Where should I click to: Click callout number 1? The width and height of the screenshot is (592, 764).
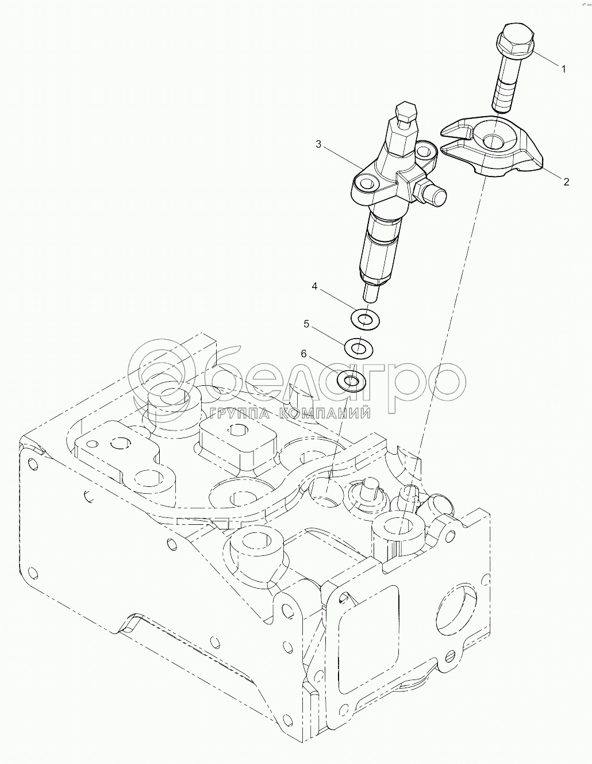[563, 69]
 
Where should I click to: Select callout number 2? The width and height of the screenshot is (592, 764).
[566, 182]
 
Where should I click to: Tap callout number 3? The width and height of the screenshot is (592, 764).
[318, 144]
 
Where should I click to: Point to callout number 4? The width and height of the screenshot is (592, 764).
[315, 286]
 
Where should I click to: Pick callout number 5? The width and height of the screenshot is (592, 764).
[307, 325]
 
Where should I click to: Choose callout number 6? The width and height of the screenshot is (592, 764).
[303, 354]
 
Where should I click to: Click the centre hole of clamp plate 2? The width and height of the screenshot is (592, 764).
[491, 140]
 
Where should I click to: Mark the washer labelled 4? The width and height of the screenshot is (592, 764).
[363, 317]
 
